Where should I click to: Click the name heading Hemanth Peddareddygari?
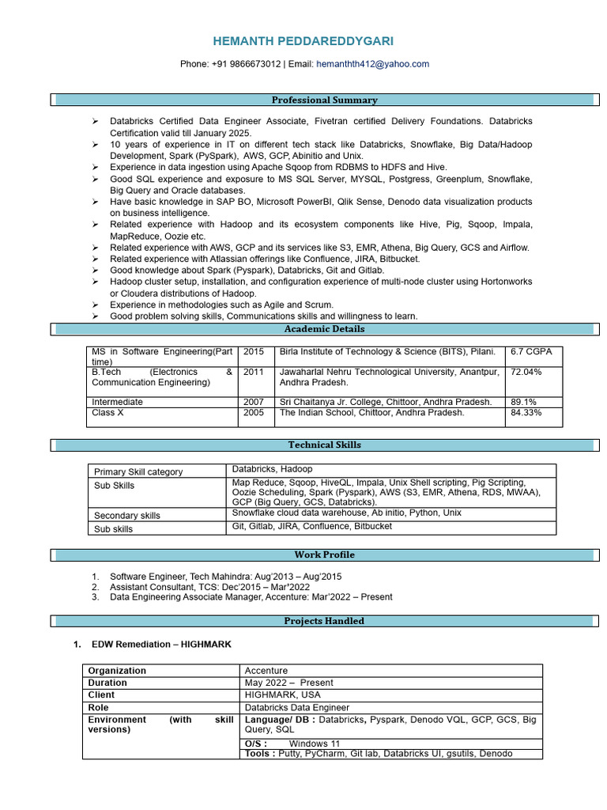coord(303,41)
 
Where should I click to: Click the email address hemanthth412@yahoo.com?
coord(372,64)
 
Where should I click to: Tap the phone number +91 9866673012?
coord(246,64)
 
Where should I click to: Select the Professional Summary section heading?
coord(324,100)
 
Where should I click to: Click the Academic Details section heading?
coord(324,328)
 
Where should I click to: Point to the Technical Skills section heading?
coord(324,445)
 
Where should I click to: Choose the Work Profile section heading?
coord(324,555)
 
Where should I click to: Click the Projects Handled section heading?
coord(324,621)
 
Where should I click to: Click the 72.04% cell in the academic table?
coord(526,372)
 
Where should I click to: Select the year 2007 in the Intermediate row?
coord(254,402)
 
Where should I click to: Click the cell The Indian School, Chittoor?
coord(371,412)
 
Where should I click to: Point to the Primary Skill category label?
coord(138,471)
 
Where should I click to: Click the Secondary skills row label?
coord(127,515)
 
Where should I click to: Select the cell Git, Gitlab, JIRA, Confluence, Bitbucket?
coord(311,526)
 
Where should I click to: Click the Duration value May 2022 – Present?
coord(289,683)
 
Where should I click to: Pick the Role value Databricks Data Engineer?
coord(297,707)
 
